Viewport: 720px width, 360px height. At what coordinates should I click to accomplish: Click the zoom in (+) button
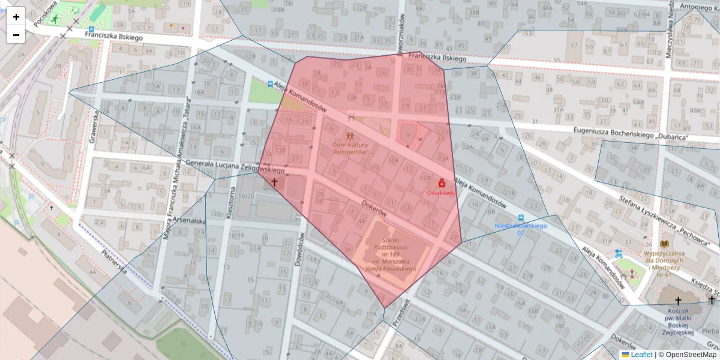point(16,17)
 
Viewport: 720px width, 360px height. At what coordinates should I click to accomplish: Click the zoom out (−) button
point(16,35)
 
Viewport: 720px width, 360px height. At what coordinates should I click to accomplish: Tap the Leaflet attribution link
point(641,355)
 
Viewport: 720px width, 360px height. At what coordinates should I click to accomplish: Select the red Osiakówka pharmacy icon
point(442,182)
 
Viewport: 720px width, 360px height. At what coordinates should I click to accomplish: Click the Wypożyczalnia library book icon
point(664,244)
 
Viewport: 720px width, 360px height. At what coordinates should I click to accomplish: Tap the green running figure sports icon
point(55,20)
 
